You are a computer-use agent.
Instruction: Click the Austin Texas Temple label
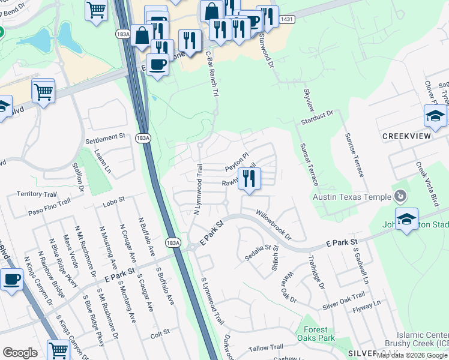[351, 197]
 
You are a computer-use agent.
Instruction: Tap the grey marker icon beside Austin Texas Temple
[401, 196]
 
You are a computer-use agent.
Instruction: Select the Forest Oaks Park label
[316, 334]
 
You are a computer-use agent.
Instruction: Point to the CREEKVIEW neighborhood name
[407, 137]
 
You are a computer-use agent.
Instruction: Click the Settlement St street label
[105, 139]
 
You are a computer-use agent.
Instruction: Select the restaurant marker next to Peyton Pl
[249, 178]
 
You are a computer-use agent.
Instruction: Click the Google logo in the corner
[20, 353]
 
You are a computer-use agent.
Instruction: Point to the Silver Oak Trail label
[343, 301]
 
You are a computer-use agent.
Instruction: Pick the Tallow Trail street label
[266, 347]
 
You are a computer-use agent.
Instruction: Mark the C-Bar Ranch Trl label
[211, 73]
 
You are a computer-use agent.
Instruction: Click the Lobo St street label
[113, 199]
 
